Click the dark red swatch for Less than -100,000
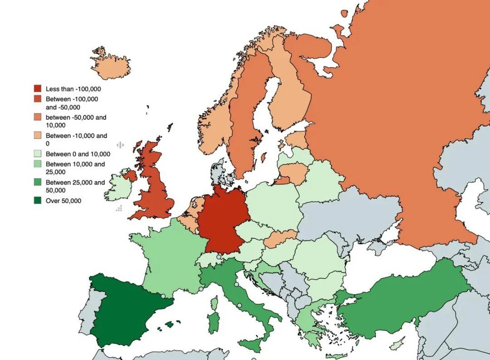38,88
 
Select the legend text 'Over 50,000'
64,200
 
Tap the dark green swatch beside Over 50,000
38,200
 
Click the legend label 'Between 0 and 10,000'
78,154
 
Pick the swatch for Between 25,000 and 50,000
38,183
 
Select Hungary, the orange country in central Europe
280,239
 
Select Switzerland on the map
210,260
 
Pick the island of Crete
336,356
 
